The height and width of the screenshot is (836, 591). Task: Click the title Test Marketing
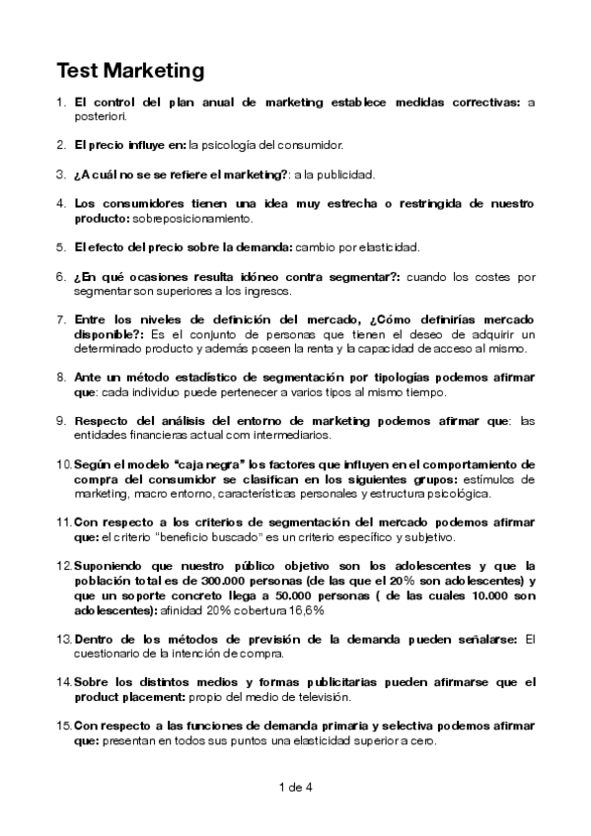click(x=129, y=71)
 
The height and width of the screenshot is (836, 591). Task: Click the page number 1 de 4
click(x=296, y=787)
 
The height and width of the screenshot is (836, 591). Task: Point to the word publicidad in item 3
click(x=345, y=174)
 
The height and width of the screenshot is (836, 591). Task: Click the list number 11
click(x=63, y=521)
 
